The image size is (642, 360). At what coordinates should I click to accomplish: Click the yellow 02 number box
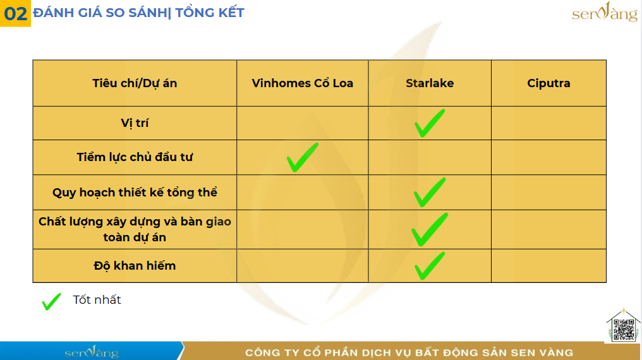15,13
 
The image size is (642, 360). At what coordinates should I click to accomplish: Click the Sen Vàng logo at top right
604,12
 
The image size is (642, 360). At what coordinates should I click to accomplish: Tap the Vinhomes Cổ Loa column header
302,83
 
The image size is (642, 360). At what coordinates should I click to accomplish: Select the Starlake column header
430,83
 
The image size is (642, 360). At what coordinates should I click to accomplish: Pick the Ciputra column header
548,83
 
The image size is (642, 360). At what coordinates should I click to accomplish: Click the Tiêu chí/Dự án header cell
135,83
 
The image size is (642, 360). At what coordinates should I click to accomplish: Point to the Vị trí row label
135,123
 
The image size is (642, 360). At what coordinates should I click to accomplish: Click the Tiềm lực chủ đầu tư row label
135,157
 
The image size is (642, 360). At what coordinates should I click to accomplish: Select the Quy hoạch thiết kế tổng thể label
135,192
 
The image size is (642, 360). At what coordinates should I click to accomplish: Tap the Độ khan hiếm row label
135,265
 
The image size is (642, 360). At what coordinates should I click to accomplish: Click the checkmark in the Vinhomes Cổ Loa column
302,157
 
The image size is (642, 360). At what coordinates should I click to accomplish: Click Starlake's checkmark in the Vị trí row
429,123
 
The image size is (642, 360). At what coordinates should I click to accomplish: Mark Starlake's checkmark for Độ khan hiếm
429,266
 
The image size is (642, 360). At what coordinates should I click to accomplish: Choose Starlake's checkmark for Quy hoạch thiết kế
429,193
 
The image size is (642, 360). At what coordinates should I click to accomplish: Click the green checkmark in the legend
51,302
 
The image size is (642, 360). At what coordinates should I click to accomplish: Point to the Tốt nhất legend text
97,300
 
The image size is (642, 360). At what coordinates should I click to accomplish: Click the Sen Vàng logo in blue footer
92,351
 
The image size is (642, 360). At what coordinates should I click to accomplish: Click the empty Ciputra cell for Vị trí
548,123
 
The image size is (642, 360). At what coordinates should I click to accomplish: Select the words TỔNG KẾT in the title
210,13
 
